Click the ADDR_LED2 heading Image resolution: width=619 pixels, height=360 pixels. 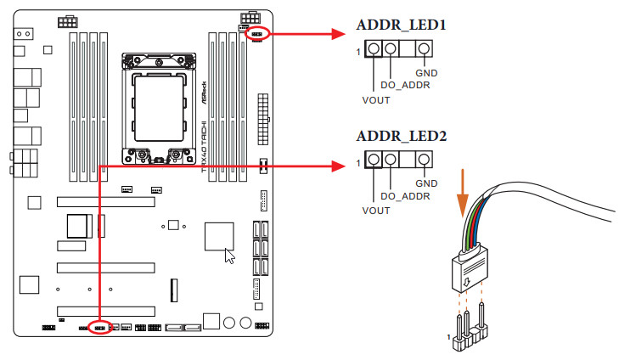pos(402,136)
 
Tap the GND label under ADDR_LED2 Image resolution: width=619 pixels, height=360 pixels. pos(425,183)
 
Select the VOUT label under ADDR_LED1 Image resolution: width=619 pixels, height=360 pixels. pos(375,99)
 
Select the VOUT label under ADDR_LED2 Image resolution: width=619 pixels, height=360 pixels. pos(375,209)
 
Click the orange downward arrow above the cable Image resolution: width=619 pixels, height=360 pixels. pos(462,193)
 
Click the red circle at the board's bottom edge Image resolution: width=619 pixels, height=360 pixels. pos(99,327)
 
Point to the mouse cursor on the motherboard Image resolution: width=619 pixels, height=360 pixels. pos(228,255)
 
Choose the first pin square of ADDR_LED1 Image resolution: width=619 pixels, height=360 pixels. pos(374,51)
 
